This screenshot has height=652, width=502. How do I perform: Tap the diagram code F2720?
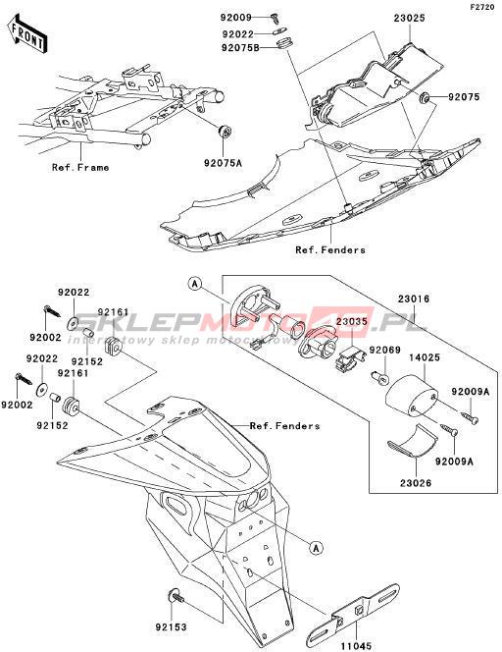tap(482, 7)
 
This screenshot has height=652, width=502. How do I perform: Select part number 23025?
tap(409, 19)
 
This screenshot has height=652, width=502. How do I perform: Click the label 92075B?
tap(240, 48)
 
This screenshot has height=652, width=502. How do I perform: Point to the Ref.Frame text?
tap(80, 168)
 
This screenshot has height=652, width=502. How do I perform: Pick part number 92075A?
tap(223, 163)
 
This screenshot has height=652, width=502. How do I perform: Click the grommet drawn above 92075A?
tap(225, 132)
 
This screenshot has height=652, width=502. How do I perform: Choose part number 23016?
tap(414, 299)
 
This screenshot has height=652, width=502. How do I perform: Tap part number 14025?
tap(425, 357)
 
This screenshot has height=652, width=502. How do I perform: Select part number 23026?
tap(416, 483)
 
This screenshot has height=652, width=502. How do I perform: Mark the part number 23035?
tap(352, 321)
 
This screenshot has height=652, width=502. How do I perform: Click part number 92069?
tap(385, 351)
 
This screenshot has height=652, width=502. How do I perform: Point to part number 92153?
tap(172, 626)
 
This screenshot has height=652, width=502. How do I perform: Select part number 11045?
tap(357, 646)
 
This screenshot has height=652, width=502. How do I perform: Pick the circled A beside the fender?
tap(317, 548)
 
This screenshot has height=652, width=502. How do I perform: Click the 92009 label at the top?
tap(236, 18)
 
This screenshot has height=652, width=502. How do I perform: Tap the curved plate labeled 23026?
tap(412, 442)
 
